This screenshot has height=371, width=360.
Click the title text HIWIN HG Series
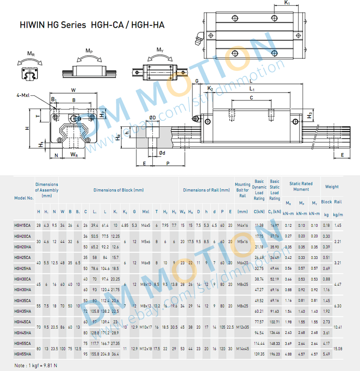[x=53, y=25]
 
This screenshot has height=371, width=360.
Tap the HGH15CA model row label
[x=22, y=225]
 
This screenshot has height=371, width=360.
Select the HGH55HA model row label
[x=22, y=354]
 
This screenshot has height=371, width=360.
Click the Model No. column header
[x=24, y=198]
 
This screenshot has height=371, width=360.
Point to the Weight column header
[x=331, y=187]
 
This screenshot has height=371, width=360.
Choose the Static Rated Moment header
[x=301, y=187]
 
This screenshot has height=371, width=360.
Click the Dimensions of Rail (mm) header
[x=206, y=190]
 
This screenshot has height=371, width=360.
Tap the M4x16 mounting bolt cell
[x=242, y=225]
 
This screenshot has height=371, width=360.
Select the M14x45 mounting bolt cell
[x=242, y=349]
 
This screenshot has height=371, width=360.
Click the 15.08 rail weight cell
[x=338, y=349]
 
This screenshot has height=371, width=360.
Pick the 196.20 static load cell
[x=275, y=354]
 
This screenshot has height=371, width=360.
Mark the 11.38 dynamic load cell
[x=259, y=225]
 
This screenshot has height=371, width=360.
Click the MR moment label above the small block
[x=31, y=54]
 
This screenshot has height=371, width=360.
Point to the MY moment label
[x=160, y=50]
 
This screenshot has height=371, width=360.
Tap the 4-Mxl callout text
[x=26, y=95]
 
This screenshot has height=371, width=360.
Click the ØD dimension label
[x=152, y=117]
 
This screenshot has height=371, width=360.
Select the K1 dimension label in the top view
[x=287, y=3]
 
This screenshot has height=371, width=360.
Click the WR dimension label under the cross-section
[x=74, y=155]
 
